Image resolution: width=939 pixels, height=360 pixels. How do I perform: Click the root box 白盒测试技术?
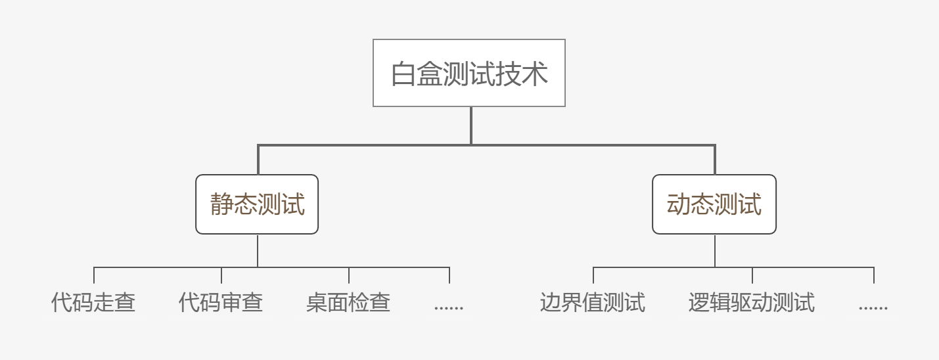(x=469, y=73)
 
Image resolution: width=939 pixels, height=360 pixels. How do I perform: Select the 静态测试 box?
(x=257, y=204)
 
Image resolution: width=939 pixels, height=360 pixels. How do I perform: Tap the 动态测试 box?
(x=714, y=204)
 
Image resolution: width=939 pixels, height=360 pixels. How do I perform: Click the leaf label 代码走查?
(x=93, y=303)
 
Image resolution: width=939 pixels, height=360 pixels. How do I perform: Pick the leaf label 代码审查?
(x=221, y=303)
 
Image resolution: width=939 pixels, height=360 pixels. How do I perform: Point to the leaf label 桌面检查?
(x=348, y=303)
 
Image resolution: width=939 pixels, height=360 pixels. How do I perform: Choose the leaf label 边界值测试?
(x=593, y=303)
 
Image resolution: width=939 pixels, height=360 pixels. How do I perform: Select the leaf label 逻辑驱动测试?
(x=752, y=303)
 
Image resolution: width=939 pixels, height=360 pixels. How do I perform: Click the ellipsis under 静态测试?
(x=449, y=306)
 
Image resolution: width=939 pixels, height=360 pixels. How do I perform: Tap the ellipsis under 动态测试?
(x=873, y=306)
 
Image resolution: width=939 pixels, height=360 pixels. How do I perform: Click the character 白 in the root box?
(x=403, y=74)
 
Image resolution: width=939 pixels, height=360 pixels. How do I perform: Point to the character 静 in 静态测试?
(x=222, y=204)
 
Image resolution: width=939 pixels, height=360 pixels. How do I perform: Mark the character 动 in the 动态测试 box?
(x=679, y=204)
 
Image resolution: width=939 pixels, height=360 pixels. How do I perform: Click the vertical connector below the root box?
(x=471, y=125)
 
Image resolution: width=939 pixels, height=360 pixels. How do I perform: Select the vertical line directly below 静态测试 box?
(x=258, y=250)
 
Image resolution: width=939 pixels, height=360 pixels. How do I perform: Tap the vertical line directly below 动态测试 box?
(x=715, y=250)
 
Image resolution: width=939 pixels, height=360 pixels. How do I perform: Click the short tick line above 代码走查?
(x=94, y=275)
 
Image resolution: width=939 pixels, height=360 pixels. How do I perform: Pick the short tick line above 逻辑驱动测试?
(x=752, y=275)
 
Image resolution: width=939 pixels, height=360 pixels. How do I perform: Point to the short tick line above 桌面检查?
(x=349, y=275)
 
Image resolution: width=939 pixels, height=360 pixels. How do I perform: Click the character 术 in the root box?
(x=535, y=74)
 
